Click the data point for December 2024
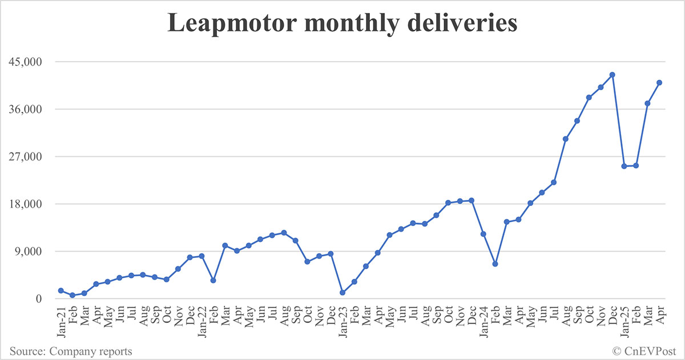(613, 75)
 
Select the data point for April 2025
(659, 83)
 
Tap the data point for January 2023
(342, 293)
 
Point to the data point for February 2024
(495, 264)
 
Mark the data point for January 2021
(61, 290)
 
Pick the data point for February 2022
(213, 280)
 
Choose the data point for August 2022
(284, 233)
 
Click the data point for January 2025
(624, 166)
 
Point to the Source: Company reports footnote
(70, 351)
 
